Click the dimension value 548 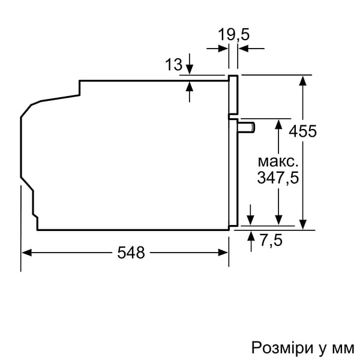(131, 253)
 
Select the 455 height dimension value (303, 131)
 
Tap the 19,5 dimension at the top (233, 35)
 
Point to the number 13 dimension (173, 65)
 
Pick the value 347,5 (278, 178)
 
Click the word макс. (278, 161)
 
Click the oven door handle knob (246, 127)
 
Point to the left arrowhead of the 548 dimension (26, 253)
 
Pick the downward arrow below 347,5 (278, 221)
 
